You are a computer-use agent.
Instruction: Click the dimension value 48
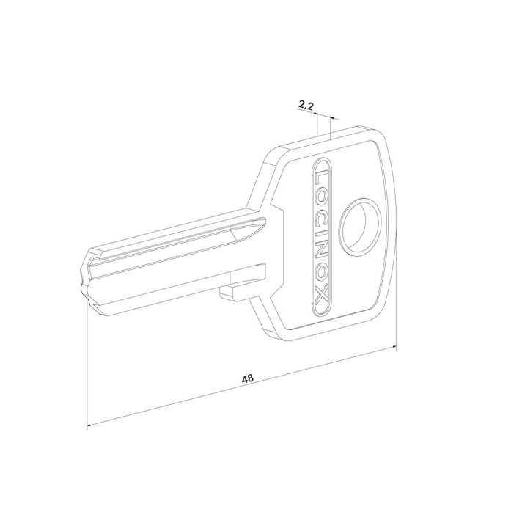247,378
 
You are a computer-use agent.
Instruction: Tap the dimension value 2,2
306,108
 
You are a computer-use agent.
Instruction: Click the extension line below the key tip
87,367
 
